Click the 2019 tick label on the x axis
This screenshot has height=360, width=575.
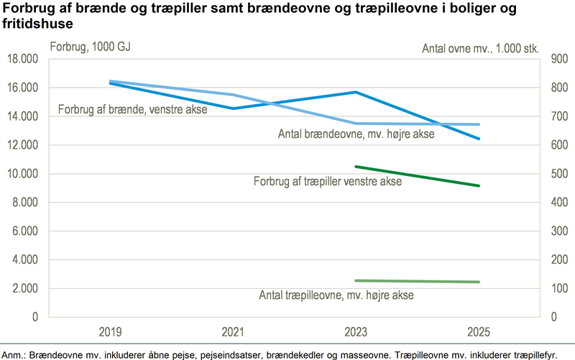[x=110, y=332]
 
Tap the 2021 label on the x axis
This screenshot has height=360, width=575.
[x=233, y=332]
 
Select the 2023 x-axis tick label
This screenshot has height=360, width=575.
[x=356, y=332]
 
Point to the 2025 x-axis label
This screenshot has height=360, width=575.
[x=479, y=332]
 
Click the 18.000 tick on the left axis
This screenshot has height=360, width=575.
[x=23, y=59]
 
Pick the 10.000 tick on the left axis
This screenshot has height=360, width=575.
[x=23, y=173]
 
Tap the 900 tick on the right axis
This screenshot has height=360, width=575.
[x=560, y=59]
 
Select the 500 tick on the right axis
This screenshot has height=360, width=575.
[x=560, y=173]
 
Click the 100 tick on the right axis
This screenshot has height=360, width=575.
[x=560, y=288]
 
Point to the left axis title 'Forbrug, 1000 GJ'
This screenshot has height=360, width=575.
[x=91, y=47]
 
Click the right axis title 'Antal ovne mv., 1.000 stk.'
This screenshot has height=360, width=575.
[x=480, y=48]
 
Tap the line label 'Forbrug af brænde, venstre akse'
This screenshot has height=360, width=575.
[x=133, y=110]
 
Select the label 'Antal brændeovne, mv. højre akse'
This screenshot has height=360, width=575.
[x=356, y=134]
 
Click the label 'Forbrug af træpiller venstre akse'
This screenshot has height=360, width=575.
[x=328, y=182]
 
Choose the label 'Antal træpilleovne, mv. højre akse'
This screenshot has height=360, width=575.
[x=336, y=295]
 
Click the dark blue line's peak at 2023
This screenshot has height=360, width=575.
[x=356, y=92]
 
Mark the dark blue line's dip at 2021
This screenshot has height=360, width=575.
[x=233, y=109]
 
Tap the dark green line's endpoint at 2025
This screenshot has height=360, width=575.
[x=479, y=186]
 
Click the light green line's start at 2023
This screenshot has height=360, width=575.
[x=356, y=281]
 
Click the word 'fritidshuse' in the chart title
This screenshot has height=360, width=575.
[x=37, y=24]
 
